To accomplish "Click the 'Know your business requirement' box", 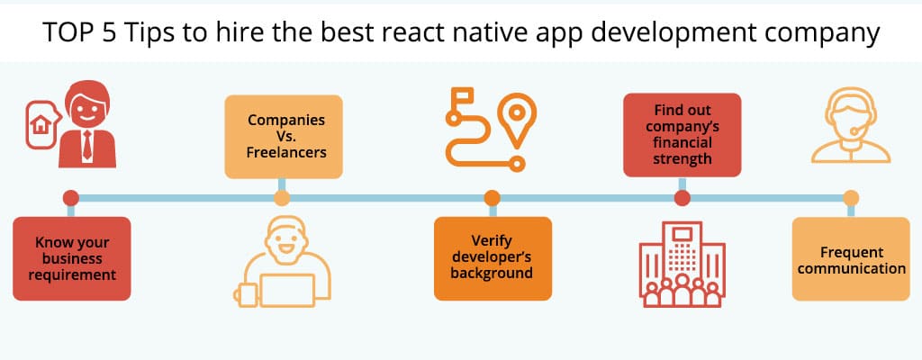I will (71, 258).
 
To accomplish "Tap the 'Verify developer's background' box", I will (492, 257).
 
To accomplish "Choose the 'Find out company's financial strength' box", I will (682, 135).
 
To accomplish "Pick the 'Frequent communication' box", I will (850, 259).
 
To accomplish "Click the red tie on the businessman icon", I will (86, 144).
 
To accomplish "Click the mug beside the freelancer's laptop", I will (243, 293).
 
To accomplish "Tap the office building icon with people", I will (682, 265).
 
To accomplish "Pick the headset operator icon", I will (850, 130).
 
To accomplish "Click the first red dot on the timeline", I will (71, 198).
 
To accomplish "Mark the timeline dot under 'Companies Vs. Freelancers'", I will (282, 198).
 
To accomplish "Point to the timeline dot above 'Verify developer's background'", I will (492, 198).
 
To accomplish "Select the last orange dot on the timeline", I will (850, 198).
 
